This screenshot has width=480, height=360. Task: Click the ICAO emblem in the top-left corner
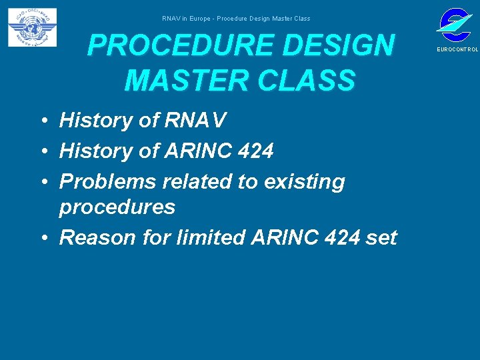[32, 27]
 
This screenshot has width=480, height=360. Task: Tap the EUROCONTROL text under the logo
[457, 50]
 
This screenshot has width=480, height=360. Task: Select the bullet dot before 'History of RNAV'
[42, 121]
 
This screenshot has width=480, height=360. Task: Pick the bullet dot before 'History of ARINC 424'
[42, 152]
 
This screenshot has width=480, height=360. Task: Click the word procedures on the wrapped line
[117, 207]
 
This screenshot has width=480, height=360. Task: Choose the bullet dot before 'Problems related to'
[42, 182]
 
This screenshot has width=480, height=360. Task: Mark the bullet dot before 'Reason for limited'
[42, 238]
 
